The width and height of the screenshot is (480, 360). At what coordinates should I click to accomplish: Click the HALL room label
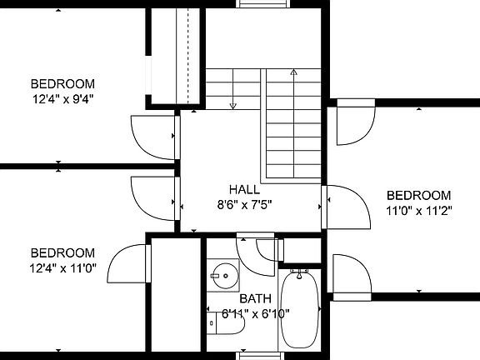point(244,189)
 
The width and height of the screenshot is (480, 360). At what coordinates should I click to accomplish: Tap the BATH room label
point(255,298)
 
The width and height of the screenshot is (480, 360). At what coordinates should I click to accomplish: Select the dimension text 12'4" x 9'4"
point(62,99)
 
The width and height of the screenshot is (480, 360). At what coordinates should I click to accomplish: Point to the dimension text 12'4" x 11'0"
point(62,268)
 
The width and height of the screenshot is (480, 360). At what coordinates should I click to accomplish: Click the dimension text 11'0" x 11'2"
point(419,211)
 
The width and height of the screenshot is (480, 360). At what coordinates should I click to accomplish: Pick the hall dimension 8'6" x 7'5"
point(244,204)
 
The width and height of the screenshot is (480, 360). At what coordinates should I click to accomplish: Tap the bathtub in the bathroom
point(300,309)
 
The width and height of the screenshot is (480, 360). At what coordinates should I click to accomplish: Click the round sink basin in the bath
point(226,276)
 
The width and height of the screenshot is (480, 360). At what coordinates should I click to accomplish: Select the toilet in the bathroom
point(226,323)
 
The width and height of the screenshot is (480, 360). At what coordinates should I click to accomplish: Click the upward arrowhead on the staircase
point(294,72)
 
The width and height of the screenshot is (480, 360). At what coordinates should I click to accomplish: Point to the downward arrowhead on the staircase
point(233,106)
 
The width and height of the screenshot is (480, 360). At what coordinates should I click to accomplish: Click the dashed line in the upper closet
point(188,56)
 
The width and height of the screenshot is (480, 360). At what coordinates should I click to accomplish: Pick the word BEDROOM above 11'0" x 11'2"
point(419,195)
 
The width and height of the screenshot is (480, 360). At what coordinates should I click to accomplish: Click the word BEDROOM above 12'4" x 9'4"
point(62,84)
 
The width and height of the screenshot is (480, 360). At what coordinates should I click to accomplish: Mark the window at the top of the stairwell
point(263,3)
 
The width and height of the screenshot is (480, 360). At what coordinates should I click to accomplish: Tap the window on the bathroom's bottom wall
point(260,356)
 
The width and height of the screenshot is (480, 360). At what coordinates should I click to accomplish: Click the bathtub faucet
point(299,273)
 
